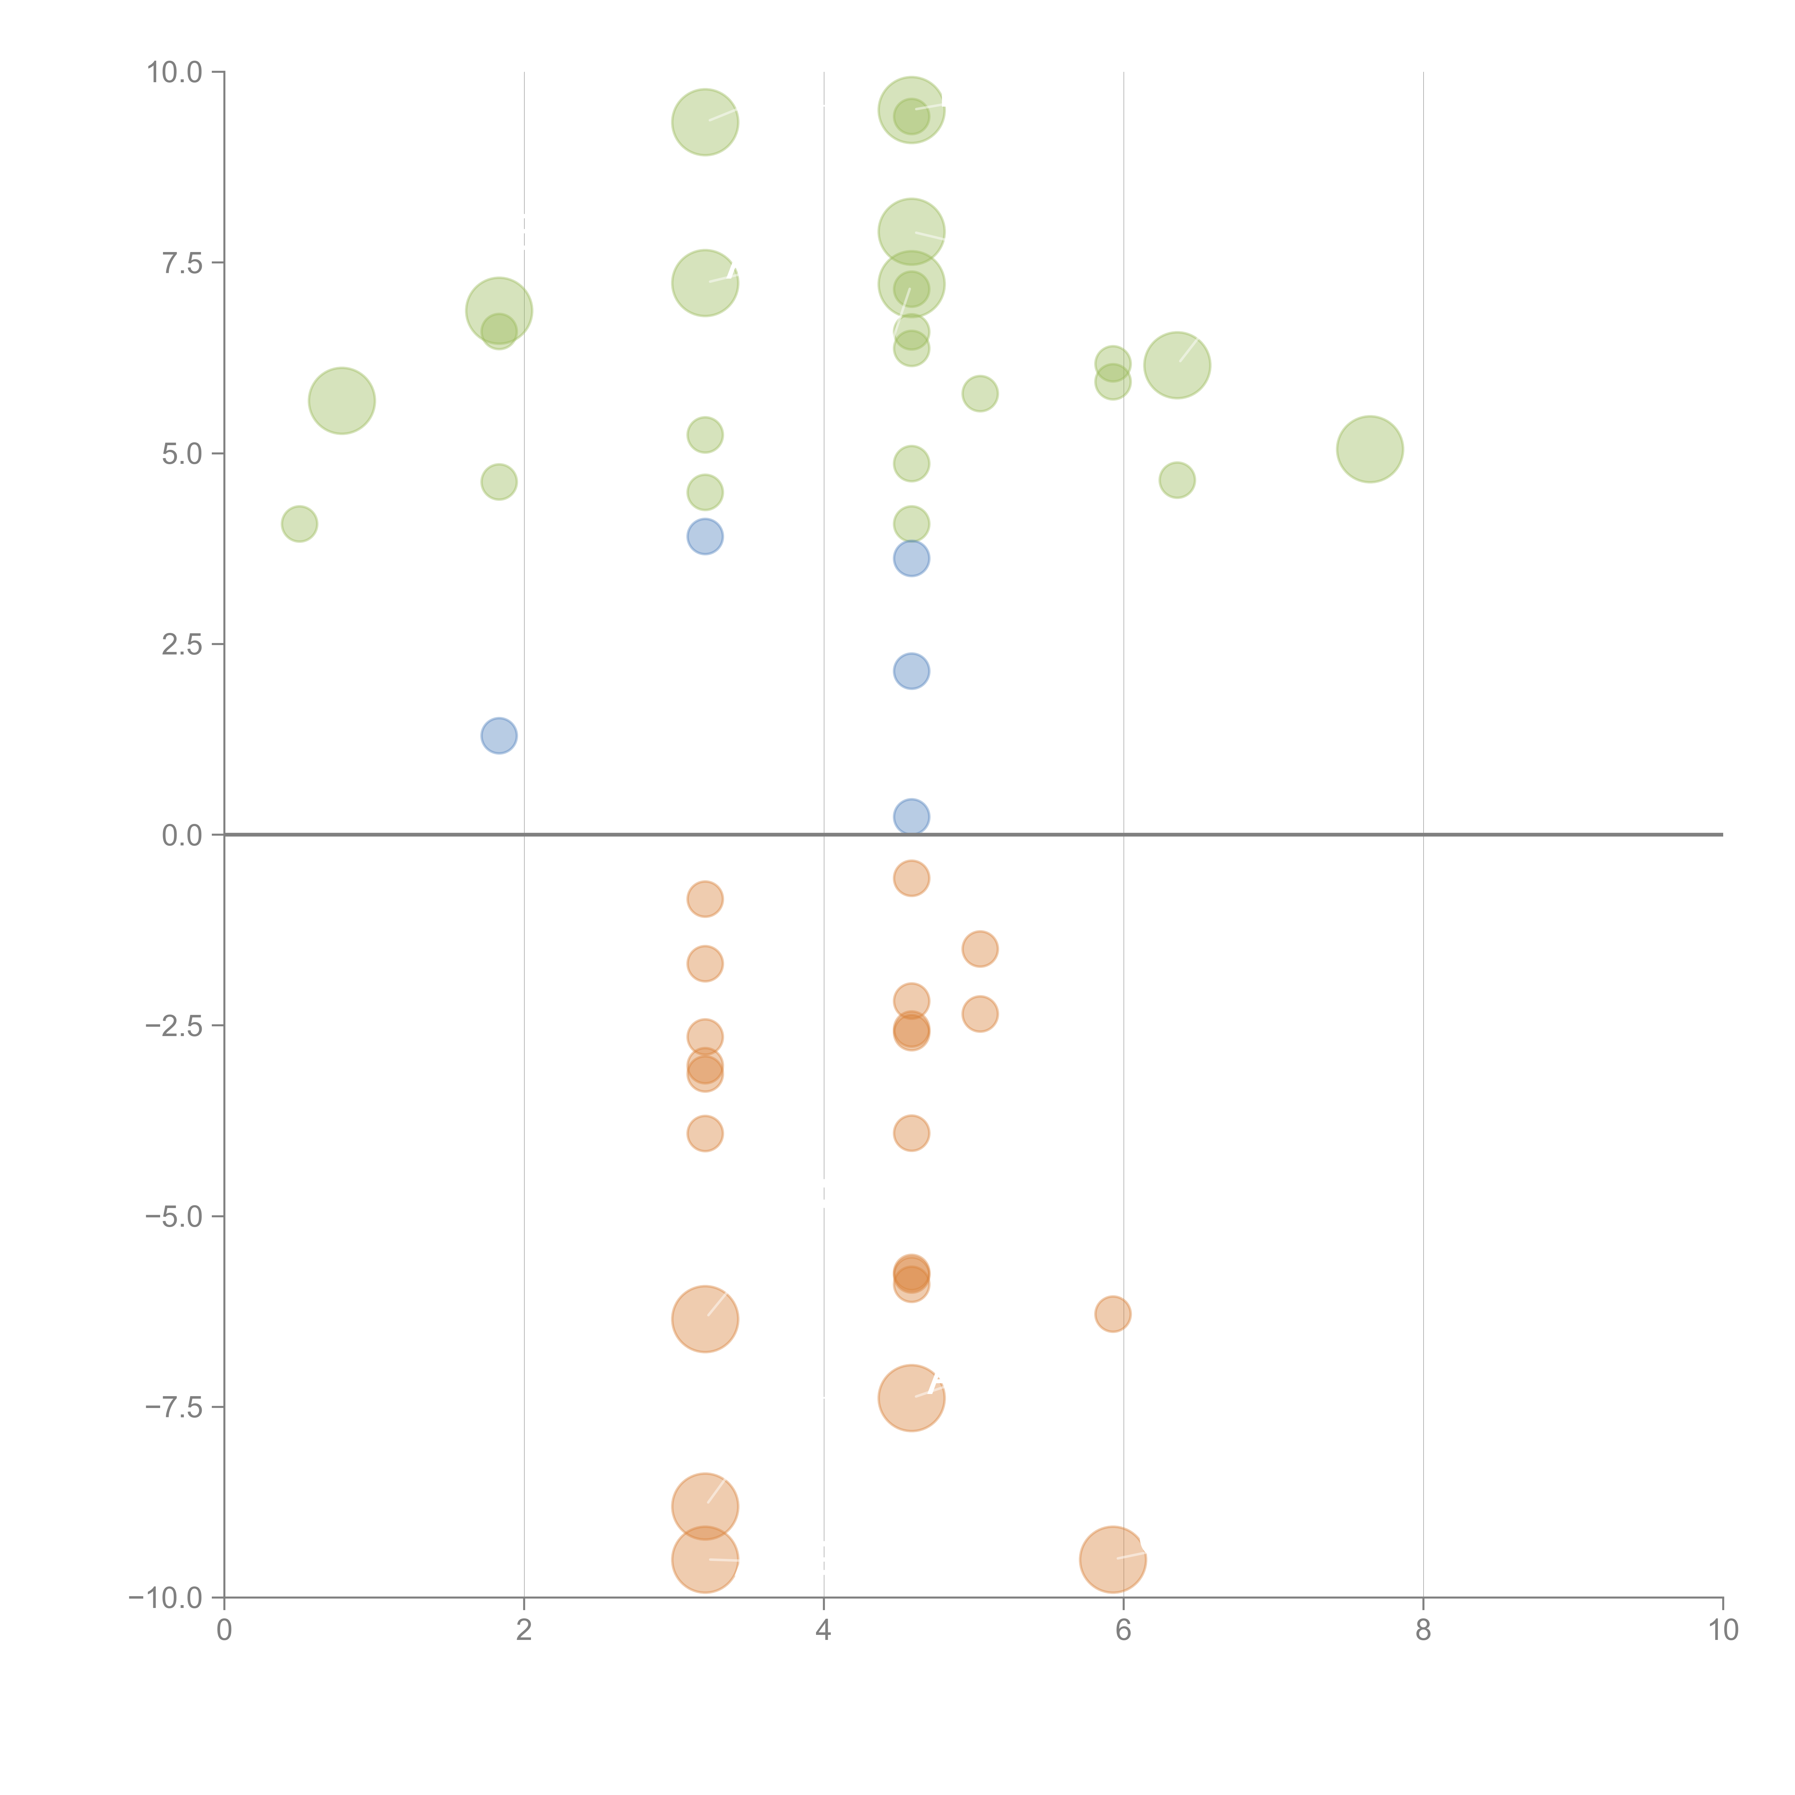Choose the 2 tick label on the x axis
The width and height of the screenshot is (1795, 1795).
click(x=524, y=1631)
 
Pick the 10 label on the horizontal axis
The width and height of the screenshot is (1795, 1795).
click(x=1722, y=1631)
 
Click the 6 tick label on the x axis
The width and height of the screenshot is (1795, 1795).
click(x=1123, y=1631)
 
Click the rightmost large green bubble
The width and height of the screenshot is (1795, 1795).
click(x=1370, y=450)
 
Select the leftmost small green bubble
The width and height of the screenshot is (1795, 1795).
click(x=299, y=524)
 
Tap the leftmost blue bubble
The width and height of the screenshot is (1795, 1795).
click(x=499, y=736)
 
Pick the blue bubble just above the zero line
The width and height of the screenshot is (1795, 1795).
click(x=912, y=817)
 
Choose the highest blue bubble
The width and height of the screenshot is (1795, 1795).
click(x=705, y=536)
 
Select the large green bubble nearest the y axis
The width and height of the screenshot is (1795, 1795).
click(x=342, y=400)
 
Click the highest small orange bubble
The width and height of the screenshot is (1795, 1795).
click(x=912, y=878)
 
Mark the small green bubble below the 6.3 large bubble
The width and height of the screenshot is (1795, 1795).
click(x=1177, y=480)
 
